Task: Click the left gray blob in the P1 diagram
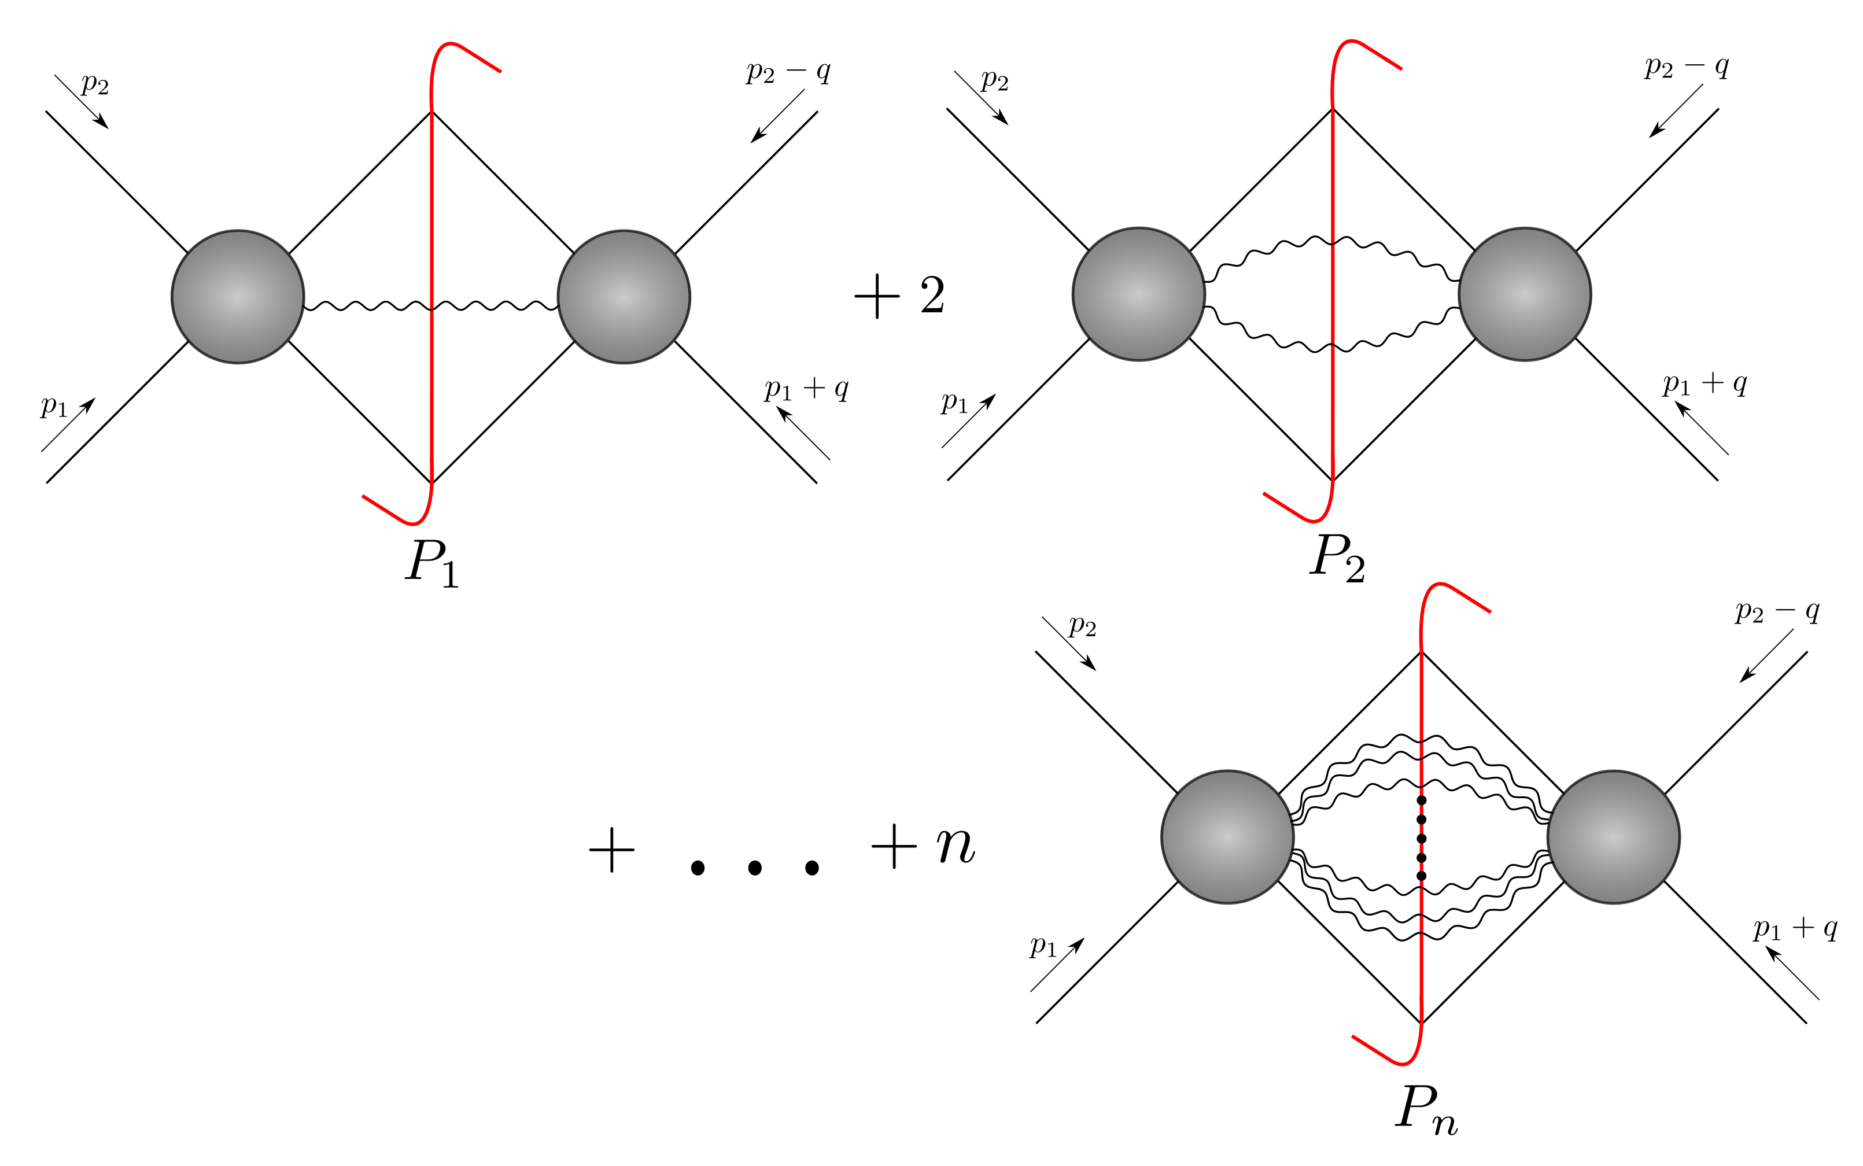point(238,297)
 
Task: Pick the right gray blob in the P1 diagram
point(624,297)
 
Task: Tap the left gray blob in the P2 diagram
point(1138,294)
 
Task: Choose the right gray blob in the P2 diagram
point(1525,294)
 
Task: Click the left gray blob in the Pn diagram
point(1227,837)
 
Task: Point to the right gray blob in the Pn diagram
point(1613,837)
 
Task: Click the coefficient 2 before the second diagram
point(932,296)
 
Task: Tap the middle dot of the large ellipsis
point(755,868)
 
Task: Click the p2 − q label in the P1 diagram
point(788,72)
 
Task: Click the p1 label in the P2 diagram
point(954,402)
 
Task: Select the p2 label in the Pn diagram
point(1082,626)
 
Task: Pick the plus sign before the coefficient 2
point(877,296)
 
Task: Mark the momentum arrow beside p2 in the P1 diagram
point(82,102)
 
